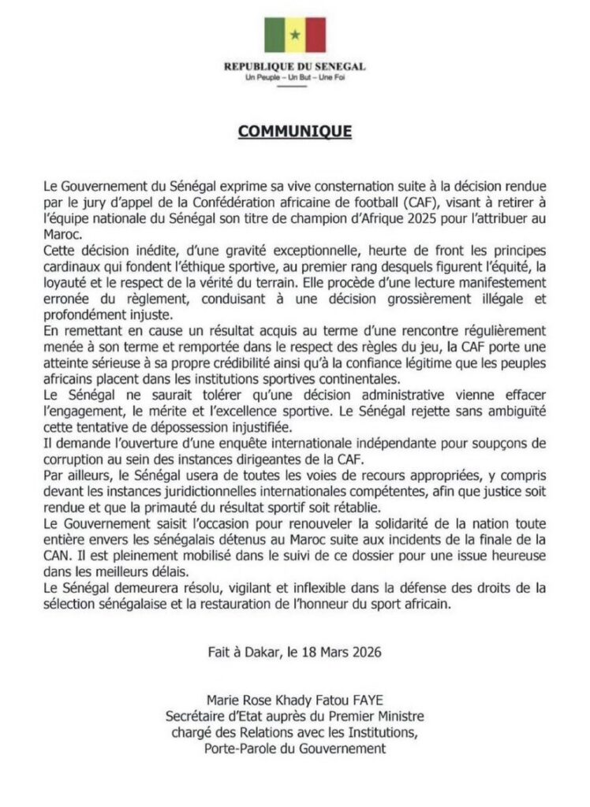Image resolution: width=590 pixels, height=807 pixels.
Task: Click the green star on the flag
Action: pos(294,35)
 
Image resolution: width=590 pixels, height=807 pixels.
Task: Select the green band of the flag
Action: pos(274,35)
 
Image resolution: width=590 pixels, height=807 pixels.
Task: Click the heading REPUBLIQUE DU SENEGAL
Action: pos(294,68)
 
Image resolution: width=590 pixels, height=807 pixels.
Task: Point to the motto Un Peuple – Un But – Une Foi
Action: pos(294,78)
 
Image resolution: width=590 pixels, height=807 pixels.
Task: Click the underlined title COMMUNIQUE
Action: pos(294,131)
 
